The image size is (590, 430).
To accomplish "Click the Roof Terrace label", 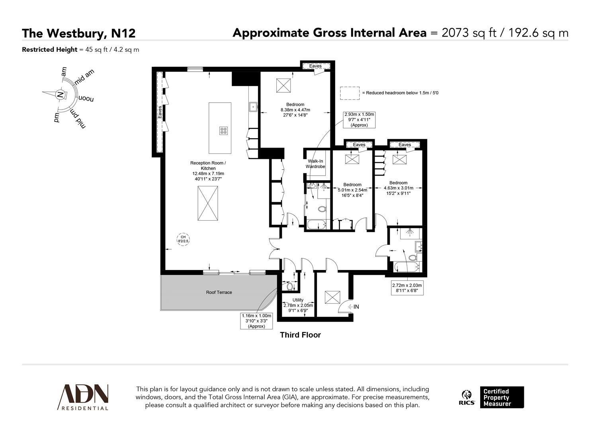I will [219, 292].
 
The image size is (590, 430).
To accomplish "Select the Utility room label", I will [298, 300].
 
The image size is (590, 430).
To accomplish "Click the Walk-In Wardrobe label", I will [315, 164].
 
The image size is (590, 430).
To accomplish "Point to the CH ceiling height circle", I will [183, 239].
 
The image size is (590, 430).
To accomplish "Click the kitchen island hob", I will [223, 130].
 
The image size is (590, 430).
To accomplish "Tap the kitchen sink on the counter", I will [253, 106].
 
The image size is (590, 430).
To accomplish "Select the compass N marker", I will [60, 95].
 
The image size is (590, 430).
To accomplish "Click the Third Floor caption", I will [300, 335].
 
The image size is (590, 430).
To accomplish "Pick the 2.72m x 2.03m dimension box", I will [407, 288].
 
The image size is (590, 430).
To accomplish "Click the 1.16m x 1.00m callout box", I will [256, 321].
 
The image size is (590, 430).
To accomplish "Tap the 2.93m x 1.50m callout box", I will [359, 119].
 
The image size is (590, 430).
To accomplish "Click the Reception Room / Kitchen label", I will [208, 171].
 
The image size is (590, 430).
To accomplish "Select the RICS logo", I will [467, 397].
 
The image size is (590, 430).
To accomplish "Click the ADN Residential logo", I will [83, 397].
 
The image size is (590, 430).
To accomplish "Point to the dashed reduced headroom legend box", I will [349, 93].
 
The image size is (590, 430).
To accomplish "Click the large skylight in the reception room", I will [208, 203].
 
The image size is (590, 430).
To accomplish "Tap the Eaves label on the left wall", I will [160, 112].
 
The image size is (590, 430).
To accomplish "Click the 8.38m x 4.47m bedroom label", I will [295, 109].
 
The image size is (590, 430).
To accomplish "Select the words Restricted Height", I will [49, 50].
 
